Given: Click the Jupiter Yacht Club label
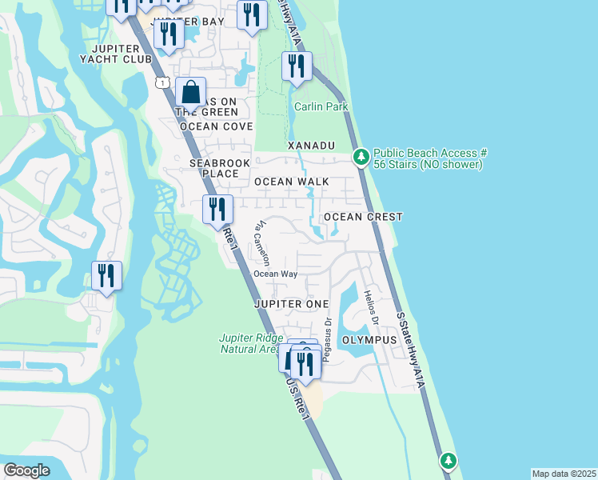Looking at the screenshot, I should tap(122, 53).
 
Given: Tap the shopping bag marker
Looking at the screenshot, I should tap(191, 94).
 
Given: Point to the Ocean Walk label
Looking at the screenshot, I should tap(291, 182).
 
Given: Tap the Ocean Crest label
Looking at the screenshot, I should tap(362, 217).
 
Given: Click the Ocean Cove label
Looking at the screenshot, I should tap(216, 126).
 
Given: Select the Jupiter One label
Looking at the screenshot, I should tap(291, 304).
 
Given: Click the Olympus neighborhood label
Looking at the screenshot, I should tap(369, 340).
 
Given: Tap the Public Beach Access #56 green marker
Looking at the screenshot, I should tap(361, 158).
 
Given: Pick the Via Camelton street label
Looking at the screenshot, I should tap(263, 244).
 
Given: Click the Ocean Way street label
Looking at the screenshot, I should tap(276, 274).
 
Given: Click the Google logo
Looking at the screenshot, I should tap(26, 470).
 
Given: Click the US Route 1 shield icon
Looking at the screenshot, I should tap(162, 82).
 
